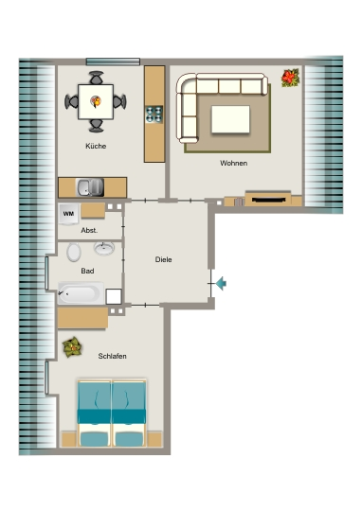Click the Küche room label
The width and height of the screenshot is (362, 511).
(x=96, y=146)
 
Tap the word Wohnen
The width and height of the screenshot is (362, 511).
(x=233, y=163)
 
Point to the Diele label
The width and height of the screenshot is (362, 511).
(x=163, y=259)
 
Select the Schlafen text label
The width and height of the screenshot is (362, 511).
(x=112, y=356)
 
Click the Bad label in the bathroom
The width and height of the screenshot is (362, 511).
(x=87, y=271)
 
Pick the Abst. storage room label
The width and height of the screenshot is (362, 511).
(x=89, y=230)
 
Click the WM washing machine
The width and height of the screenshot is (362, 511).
(x=68, y=214)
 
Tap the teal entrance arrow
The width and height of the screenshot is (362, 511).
(x=222, y=283)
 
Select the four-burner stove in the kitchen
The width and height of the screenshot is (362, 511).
(x=154, y=115)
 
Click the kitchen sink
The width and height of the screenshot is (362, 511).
(x=90, y=187)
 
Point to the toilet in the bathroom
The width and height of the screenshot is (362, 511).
(x=74, y=253)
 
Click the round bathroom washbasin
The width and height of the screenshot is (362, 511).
(x=104, y=248)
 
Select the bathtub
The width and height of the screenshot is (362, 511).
(x=81, y=293)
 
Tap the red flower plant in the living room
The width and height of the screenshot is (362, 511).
(x=290, y=78)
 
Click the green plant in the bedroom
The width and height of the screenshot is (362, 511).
(x=72, y=347)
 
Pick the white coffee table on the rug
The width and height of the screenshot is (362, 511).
(x=230, y=119)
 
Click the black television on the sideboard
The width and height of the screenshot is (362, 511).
(x=268, y=200)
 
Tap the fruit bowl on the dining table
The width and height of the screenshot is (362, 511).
(x=96, y=101)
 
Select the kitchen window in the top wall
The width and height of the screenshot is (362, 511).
(x=113, y=62)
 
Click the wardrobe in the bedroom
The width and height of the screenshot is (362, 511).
(x=82, y=318)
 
